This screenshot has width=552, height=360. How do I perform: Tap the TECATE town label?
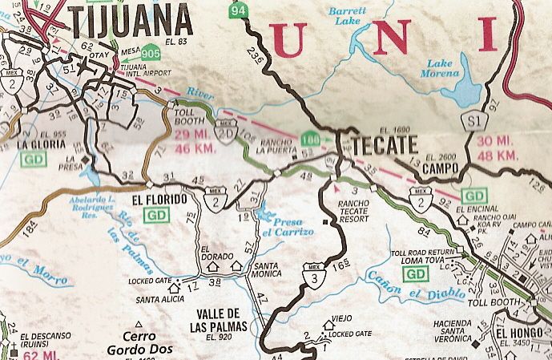pos(381,144)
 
